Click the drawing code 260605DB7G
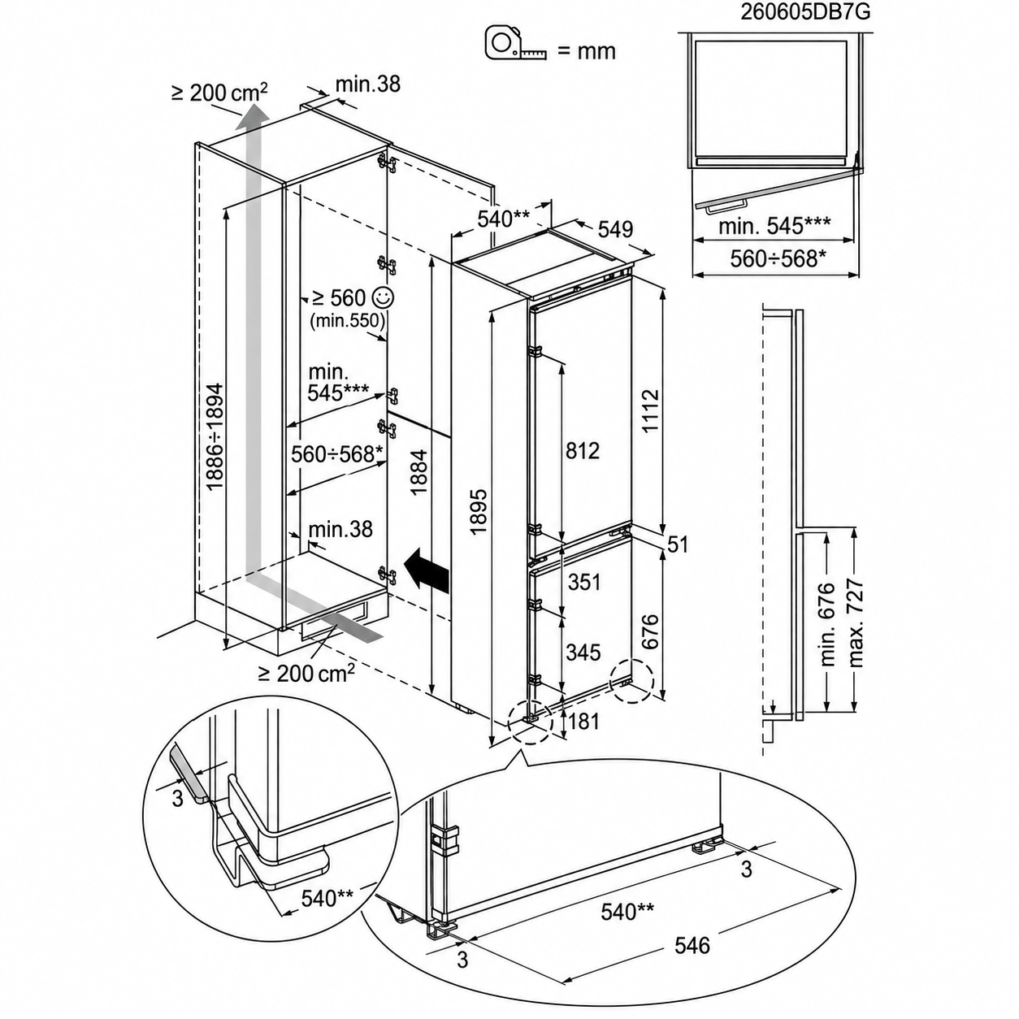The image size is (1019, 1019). (x=804, y=11)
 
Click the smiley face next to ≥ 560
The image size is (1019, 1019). (x=383, y=298)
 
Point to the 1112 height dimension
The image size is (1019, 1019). (x=650, y=411)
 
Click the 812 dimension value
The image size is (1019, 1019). (x=582, y=450)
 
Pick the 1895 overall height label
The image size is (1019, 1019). (x=478, y=511)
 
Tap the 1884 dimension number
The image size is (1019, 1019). (x=418, y=472)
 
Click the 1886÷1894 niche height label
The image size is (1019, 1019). (x=214, y=438)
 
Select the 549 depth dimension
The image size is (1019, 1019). (x=615, y=229)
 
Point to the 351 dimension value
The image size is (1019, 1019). (x=583, y=582)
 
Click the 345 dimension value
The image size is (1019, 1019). (x=583, y=653)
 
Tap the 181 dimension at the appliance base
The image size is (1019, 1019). (x=583, y=722)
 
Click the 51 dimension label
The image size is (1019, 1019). (x=678, y=544)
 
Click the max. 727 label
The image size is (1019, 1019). (x=854, y=624)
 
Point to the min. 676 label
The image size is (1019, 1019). (x=826, y=625)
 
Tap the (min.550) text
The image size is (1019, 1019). (x=348, y=320)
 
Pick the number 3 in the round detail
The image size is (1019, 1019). (x=178, y=798)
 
